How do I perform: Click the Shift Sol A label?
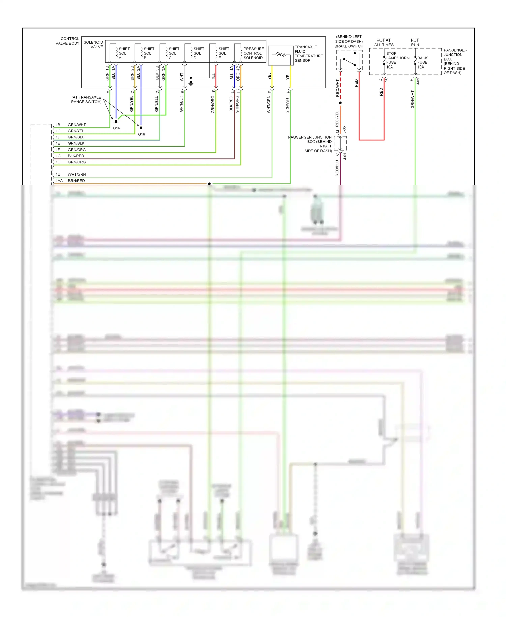click(x=123, y=53)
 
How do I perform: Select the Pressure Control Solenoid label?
click(x=253, y=53)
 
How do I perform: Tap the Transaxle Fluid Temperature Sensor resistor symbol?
click(x=281, y=55)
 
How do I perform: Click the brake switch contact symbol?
click(x=349, y=61)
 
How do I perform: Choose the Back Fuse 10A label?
click(x=422, y=62)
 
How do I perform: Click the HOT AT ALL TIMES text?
click(x=384, y=42)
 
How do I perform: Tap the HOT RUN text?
click(x=415, y=42)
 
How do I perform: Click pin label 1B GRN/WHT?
click(x=71, y=125)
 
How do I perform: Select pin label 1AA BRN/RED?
click(x=71, y=181)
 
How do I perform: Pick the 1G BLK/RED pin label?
click(x=70, y=156)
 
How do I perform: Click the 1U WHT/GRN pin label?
click(x=71, y=174)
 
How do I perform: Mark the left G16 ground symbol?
click(x=116, y=122)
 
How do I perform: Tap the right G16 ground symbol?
click(x=141, y=129)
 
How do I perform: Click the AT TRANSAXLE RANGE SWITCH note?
click(x=86, y=99)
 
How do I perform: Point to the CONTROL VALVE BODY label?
click(x=67, y=41)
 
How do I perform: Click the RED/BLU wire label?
click(x=337, y=168)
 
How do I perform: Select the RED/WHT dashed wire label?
click(x=337, y=88)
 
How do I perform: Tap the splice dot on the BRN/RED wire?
click(x=209, y=184)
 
